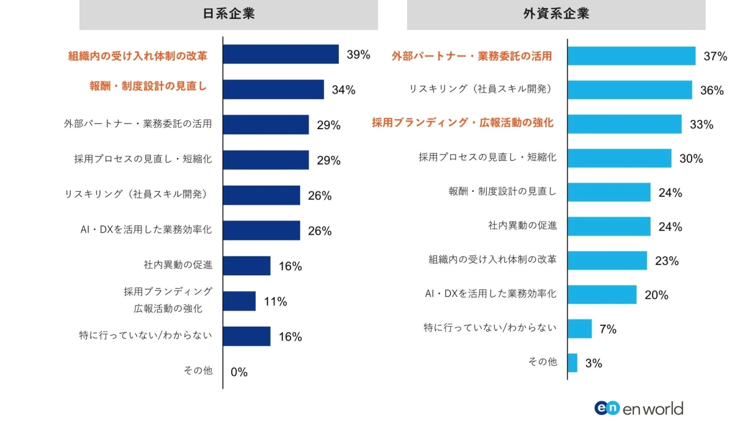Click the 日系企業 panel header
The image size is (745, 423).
228,14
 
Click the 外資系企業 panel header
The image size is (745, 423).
556,14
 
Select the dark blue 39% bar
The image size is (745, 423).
281,55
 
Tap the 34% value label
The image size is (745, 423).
343,90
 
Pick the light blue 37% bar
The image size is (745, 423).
631,56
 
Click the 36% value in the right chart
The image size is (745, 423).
712,91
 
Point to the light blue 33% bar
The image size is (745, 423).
625,124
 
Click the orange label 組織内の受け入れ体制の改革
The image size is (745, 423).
137,56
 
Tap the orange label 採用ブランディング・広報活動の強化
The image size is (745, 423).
463,123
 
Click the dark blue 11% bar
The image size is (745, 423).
239,301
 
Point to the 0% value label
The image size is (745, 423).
239,372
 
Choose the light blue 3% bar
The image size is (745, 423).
572,363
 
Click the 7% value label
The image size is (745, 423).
608,329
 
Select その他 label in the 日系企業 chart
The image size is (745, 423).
198,370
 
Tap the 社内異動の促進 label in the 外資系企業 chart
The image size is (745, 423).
522,225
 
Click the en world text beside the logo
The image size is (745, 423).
653,408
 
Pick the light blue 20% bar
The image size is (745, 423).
602,294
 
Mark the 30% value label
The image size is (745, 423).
691,159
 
